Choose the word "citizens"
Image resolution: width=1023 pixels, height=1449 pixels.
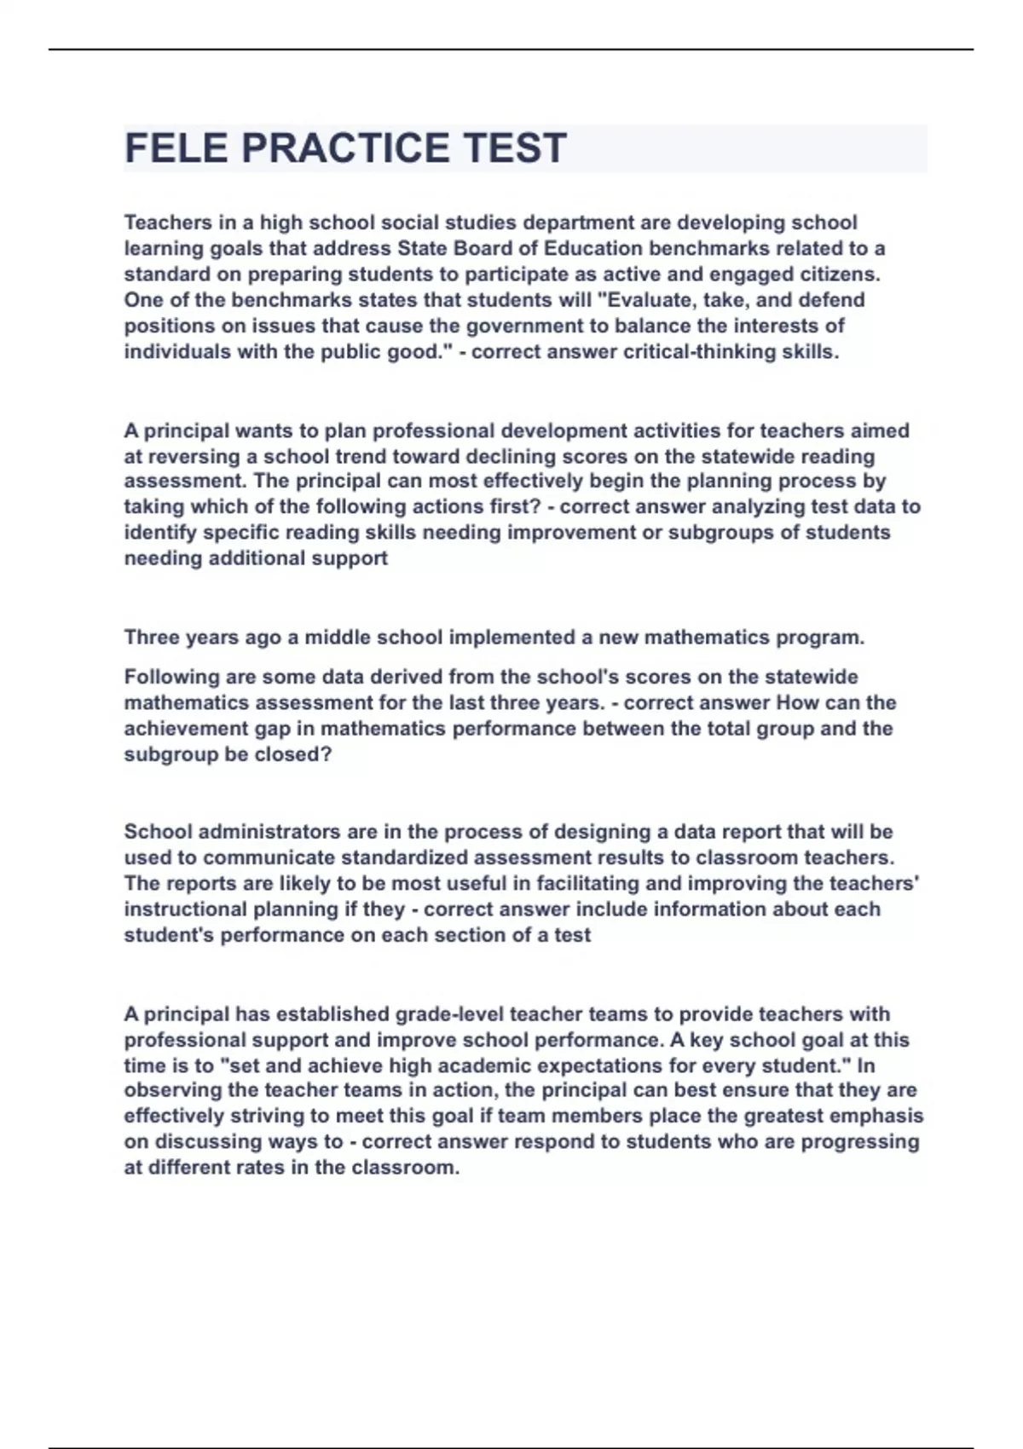[x=840, y=274]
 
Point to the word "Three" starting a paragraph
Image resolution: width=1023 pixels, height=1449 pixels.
[x=152, y=638]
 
